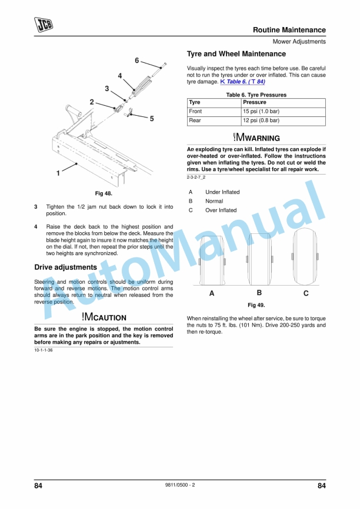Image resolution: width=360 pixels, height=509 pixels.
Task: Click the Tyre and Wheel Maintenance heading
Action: coord(236,54)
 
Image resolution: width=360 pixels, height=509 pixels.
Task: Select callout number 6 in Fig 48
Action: coord(136,61)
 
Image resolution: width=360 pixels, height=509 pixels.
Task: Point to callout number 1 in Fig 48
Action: coord(58,173)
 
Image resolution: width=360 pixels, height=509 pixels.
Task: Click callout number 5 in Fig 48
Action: coord(152,119)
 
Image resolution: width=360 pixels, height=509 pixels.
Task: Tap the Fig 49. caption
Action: coord(256,305)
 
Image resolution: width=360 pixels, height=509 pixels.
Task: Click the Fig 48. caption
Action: coord(104,193)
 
